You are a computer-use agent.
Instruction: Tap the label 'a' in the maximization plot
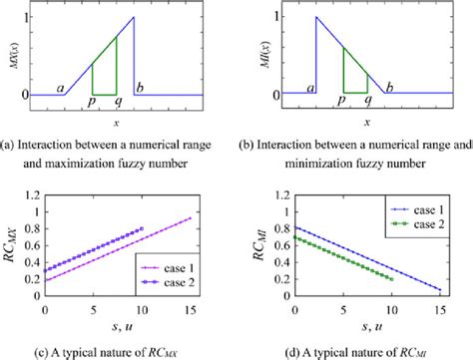click(x=62, y=89)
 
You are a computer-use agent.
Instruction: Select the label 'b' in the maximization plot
click(x=140, y=89)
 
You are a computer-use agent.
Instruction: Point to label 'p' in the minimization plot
click(x=341, y=102)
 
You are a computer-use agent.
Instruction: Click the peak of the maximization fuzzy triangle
click(x=134, y=17)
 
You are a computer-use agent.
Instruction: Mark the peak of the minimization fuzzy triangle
click(x=316, y=17)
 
